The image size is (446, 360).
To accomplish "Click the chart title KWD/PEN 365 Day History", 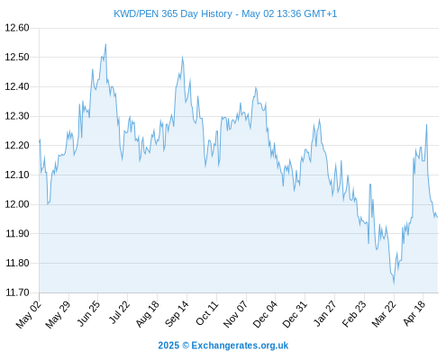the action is tap(173, 13).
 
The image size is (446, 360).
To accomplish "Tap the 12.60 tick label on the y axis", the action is tap(17, 28).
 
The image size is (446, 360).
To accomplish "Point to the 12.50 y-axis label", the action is tap(17, 57).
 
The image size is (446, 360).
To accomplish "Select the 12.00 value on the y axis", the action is tap(17, 204).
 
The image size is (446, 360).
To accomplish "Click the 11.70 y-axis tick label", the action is tap(17, 292).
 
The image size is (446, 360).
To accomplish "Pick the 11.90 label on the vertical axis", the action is tap(17, 233).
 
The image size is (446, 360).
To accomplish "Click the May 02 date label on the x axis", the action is tap(29, 314).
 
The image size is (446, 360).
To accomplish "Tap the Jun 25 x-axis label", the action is tap(88, 313).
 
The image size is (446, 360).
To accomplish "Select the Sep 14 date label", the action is tap(177, 314).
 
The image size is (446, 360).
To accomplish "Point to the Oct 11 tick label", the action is tap(207, 313).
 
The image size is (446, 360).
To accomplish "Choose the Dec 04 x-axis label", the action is tap(265, 314).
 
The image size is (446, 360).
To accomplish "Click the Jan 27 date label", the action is tap(324, 313).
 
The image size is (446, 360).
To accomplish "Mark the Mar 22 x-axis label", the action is tap(383, 314).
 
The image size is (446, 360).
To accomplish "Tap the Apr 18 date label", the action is tap(414, 313).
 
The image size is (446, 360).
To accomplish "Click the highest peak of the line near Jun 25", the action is tap(105, 44).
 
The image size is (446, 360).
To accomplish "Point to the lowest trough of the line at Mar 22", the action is tap(394, 283).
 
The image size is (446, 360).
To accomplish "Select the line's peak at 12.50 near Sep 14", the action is tap(182, 57).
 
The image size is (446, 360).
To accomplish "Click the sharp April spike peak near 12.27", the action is tap(426, 124).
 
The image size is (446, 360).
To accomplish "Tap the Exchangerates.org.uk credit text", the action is tap(240, 346).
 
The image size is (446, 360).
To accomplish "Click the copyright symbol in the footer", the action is tap(186, 346).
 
